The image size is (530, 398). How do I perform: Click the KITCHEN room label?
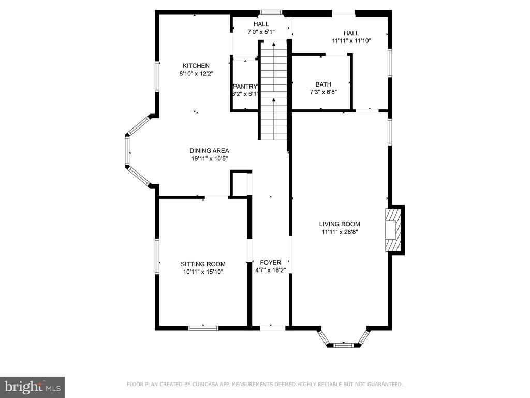pyautogui.click(x=196, y=66)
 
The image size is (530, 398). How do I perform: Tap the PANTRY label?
pyautogui.click(x=245, y=87)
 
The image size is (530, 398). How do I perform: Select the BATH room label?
pyautogui.click(x=323, y=84)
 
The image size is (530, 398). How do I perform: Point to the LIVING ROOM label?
pyautogui.click(x=340, y=224)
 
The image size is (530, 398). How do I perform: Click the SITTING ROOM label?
pyautogui.click(x=203, y=264)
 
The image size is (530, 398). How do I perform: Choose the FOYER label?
pyautogui.click(x=270, y=262)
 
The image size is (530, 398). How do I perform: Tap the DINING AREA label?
pyautogui.click(x=209, y=151)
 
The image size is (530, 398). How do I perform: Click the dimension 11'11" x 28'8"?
pyautogui.click(x=340, y=232)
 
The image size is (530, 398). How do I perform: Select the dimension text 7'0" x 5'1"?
pyautogui.click(x=261, y=32)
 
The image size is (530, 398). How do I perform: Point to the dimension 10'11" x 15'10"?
pyautogui.click(x=203, y=272)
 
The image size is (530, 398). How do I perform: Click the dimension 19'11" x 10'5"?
pyautogui.click(x=209, y=159)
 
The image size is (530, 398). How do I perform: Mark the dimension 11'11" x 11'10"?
pyautogui.click(x=351, y=41)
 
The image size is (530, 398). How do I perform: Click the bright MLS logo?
pyautogui.click(x=32, y=387)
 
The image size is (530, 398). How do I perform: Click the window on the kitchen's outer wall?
pyautogui.click(x=157, y=76)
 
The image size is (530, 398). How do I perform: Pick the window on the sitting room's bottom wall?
pyautogui.click(x=203, y=328)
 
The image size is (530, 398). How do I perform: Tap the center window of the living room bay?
pyautogui.click(x=344, y=345)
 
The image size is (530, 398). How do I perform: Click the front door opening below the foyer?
pyautogui.click(x=272, y=328)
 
